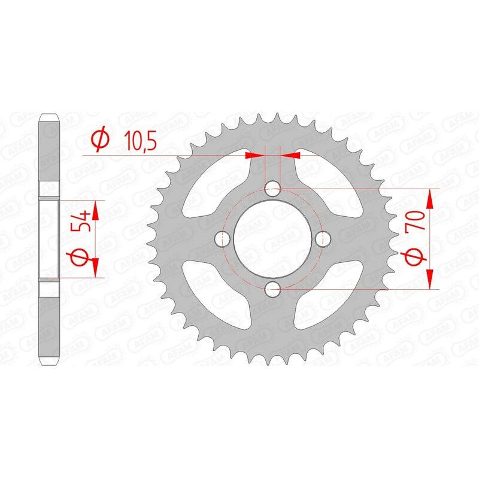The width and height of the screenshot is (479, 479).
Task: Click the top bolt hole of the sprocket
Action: click(274, 189)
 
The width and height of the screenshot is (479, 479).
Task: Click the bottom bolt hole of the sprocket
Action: click(274, 290)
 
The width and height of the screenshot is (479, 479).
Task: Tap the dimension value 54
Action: click(84, 221)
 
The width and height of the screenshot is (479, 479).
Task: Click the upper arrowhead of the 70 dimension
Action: click(431, 196)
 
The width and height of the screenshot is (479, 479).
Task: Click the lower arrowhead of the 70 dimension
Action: click(431, 281)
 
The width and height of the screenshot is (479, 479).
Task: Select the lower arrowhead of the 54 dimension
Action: click(94, 271)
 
